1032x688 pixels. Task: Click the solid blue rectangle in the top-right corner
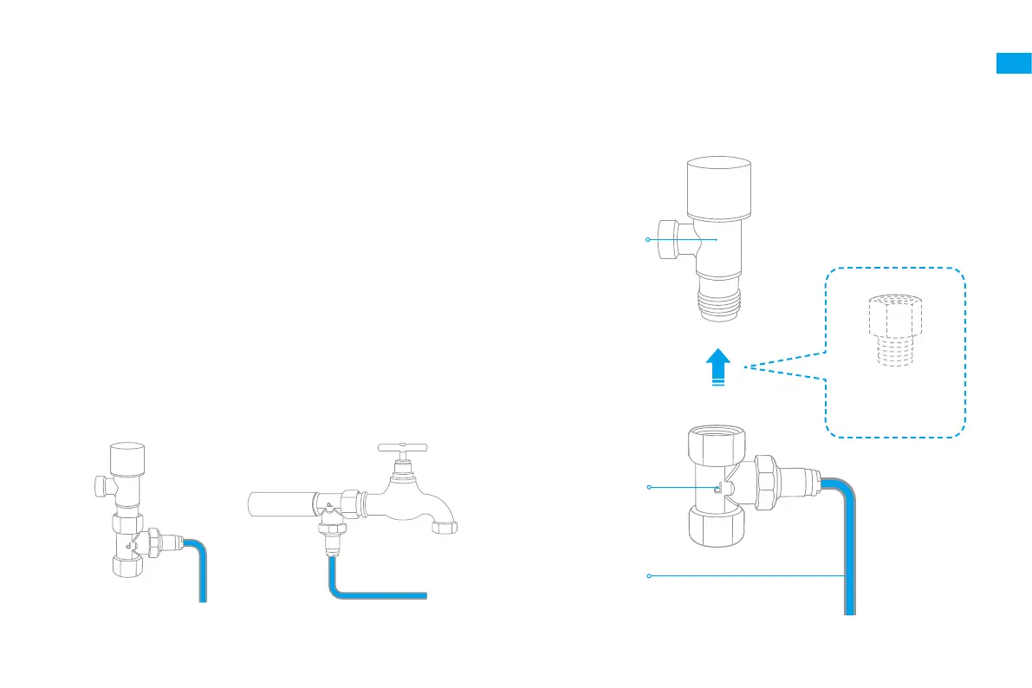pyautogui.click(x=1013, y=63)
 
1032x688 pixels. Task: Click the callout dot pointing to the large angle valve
pyautogui.click(x=647, y=239)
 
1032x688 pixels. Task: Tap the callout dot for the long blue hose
pyautogui.click(x=649, y=575)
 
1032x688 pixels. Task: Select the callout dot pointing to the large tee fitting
pyautogui.click(x=649, y=489)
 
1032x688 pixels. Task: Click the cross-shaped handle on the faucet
pyautogui.click(x=404, y=448)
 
